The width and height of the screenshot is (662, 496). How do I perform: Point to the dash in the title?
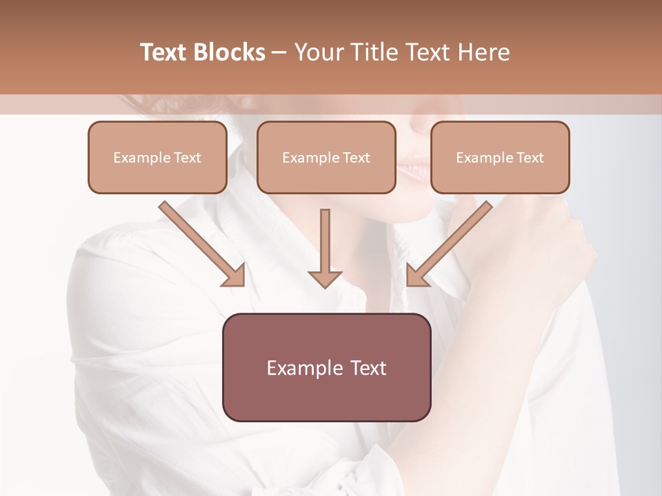pos(279,53)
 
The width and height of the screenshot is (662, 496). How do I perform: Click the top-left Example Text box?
pos(157,157)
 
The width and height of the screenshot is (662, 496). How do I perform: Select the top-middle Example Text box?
pos(326,157)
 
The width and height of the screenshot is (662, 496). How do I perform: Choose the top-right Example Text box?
pos(500,157)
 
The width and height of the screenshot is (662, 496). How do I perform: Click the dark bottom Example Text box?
pos(326,367)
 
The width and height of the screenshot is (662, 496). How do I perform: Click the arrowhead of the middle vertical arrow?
pos(325,279)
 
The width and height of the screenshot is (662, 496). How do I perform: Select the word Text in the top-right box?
pos(530,158)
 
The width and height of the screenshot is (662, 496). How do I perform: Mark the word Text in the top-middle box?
pos(357,158)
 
